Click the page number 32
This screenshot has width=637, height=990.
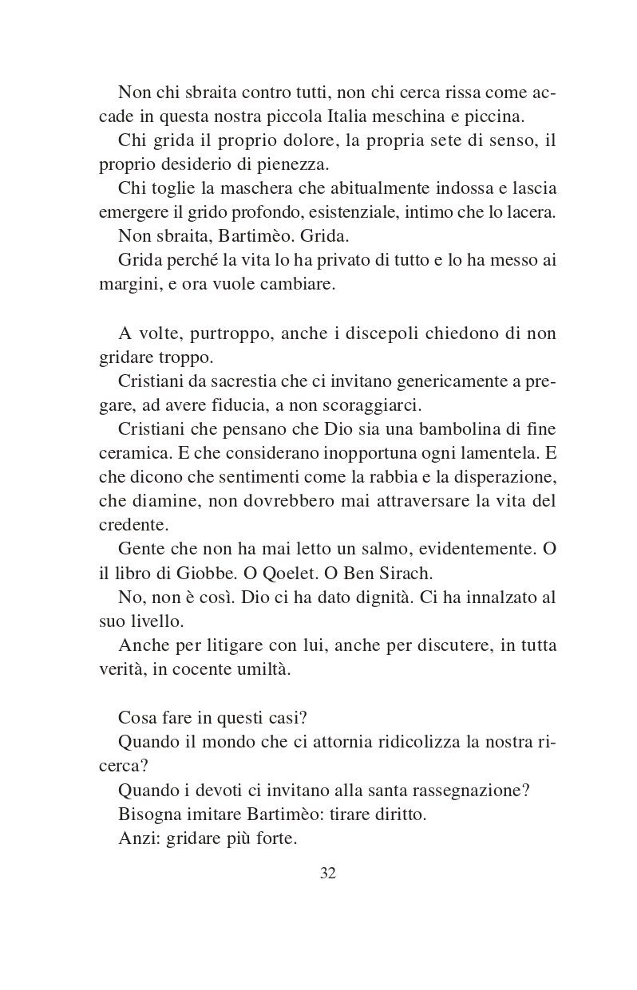(x=327, y=873)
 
